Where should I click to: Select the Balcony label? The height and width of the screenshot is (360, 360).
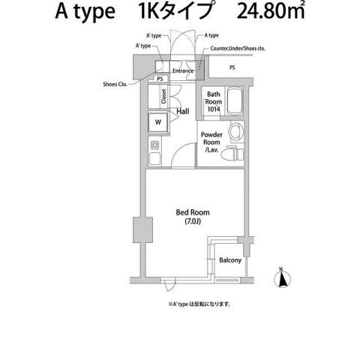(229, 261)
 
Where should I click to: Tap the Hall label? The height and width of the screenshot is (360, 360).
(183, 112)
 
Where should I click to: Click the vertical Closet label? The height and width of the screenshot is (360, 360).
(163, 95)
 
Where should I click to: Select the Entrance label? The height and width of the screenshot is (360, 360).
(183, 71)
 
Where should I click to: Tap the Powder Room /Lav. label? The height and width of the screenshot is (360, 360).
(212, 142)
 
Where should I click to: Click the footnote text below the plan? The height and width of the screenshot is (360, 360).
(199, 304)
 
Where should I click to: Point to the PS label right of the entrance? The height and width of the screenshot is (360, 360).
(232, 67)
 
